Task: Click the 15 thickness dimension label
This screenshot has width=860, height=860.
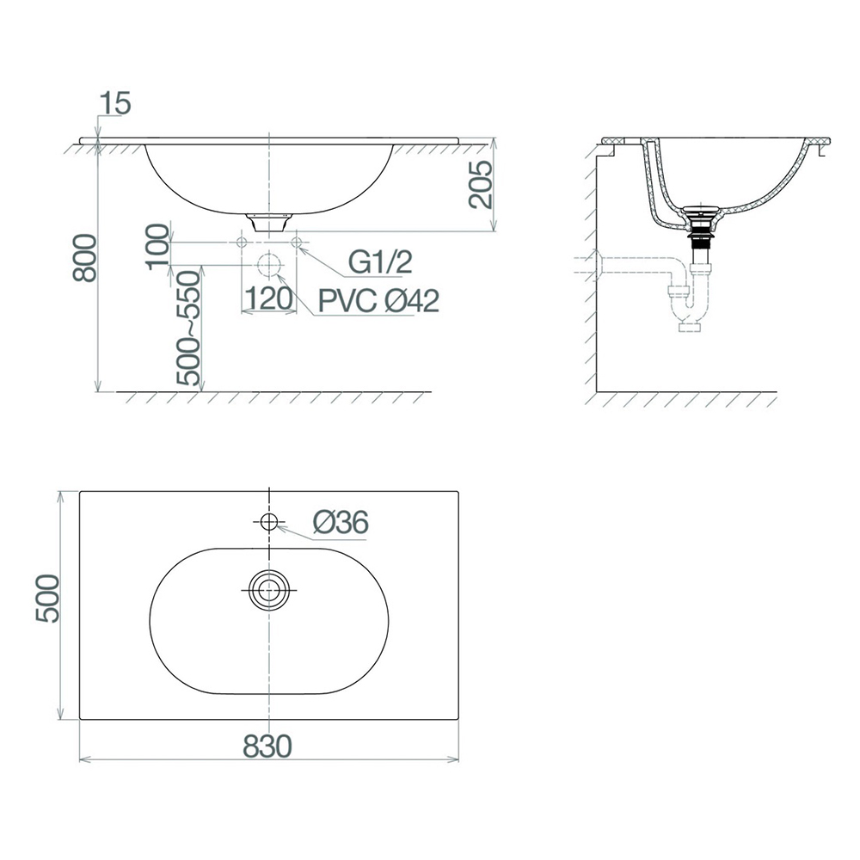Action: [x=116, y=104]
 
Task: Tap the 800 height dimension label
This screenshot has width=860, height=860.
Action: [x=85, y=258]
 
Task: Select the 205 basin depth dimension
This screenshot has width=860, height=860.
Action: [x=481, y=184]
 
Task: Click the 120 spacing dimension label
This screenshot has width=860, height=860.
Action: [x=268, y=299]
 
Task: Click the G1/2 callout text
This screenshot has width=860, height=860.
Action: [x=381, y=262]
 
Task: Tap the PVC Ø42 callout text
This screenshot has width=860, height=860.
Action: [x=379, y=301]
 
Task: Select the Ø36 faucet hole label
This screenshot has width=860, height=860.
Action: [x=341, y=522]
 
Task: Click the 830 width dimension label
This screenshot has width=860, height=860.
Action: [x=267, y=746]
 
